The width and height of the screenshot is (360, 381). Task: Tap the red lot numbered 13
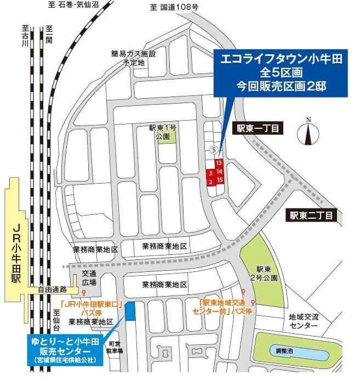click(x=219, y=163)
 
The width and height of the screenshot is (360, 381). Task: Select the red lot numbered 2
click(x=210, y=181)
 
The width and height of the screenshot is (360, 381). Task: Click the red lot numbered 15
click(x=219, y=180)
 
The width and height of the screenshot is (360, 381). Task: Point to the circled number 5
click(x=215, y=149)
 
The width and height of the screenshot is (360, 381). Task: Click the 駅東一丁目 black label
click(x=258, y=128)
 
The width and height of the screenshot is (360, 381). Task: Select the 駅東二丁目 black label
click(x=312, y=215)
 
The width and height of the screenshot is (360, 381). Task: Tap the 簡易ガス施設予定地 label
click(x=133, y=58)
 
